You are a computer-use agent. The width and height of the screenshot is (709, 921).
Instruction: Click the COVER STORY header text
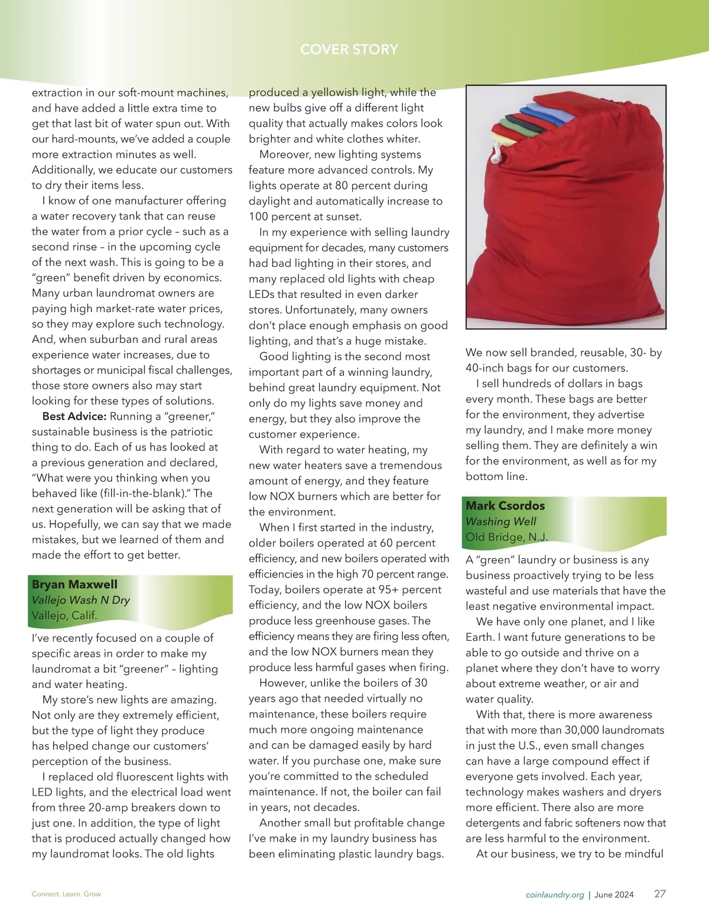(349, 49)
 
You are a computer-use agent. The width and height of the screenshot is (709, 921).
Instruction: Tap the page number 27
(660, 894)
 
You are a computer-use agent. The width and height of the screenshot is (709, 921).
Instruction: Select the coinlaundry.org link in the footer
(555, 894)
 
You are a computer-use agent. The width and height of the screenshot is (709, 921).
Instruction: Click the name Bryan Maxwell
(74, 584)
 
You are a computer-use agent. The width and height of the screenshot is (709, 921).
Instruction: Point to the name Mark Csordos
(505, 505)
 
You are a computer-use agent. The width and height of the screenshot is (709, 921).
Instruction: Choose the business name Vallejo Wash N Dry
(81, 599)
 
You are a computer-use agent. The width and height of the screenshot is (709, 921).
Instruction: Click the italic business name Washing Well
(500, 521)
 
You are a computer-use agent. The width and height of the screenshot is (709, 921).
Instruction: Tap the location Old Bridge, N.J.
(506, 537)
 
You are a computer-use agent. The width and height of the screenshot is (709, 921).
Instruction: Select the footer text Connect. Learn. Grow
(66, 894)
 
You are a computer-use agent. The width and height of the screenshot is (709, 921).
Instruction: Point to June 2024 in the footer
(614, 894)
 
